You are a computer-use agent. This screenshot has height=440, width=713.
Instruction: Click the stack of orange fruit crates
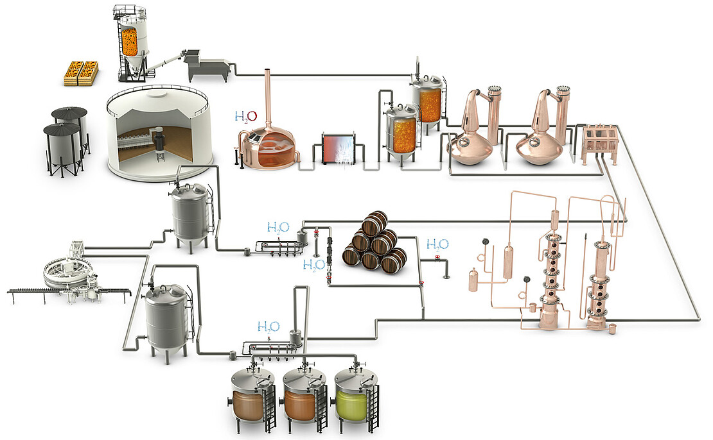tap(81, 72)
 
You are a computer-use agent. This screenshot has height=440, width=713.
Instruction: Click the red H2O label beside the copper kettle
tap(245, 117)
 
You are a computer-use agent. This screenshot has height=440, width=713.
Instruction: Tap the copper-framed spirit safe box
tap(599, 141)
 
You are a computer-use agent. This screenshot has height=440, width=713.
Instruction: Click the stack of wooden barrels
tap(374, 242)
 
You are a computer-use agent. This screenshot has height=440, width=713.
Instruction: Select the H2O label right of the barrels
tap(437, 244)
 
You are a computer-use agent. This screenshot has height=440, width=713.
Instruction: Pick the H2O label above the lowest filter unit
tap(268, 326)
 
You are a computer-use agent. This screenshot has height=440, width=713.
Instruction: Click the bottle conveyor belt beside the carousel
tap(39, 293)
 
